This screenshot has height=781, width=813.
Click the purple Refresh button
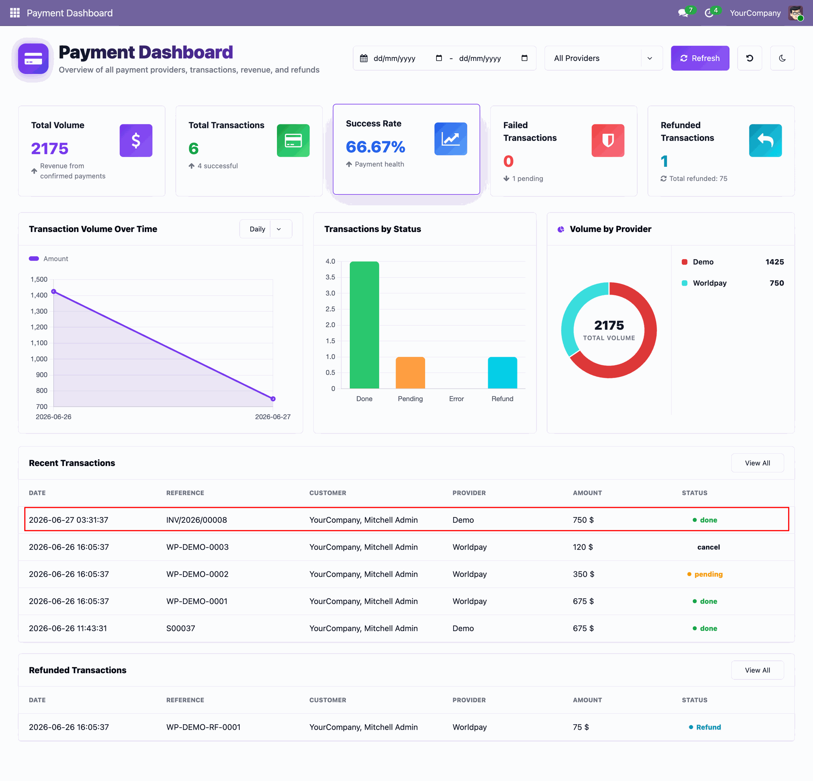pos(700,58)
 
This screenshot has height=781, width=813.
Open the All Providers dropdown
pos(603,58)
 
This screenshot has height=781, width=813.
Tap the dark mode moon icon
pos(782,58)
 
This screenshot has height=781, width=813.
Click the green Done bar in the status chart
pos(364,325)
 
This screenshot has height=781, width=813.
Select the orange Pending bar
pos(410,373)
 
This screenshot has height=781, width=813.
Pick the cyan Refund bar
pos(503,373)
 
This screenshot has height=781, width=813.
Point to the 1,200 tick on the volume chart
pos(39,327)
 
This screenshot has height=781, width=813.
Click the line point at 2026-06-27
pos(273,399)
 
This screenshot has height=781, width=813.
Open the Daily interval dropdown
pos(265,229)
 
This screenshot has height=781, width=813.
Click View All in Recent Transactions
pos(757,463)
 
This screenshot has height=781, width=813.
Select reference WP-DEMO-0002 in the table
pos(197,574)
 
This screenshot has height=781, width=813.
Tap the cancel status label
pos(708,547)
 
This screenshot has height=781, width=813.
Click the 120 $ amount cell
pos(583,547)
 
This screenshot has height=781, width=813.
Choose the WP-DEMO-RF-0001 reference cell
pos(203,727)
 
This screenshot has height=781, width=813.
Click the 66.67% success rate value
pos(376,147)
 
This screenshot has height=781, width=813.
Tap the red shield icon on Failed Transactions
pos(608,141)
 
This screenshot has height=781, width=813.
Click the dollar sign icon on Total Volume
pos(136,141)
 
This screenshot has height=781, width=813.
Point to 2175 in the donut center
pos(609,325)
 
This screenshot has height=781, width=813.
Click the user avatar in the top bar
pos(796,13)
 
